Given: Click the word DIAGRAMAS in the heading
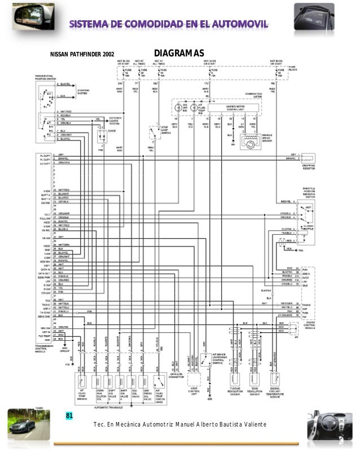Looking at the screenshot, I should [178, 53].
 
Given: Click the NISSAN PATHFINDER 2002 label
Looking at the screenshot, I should [82, 55].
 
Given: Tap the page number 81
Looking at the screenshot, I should [70, 416].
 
